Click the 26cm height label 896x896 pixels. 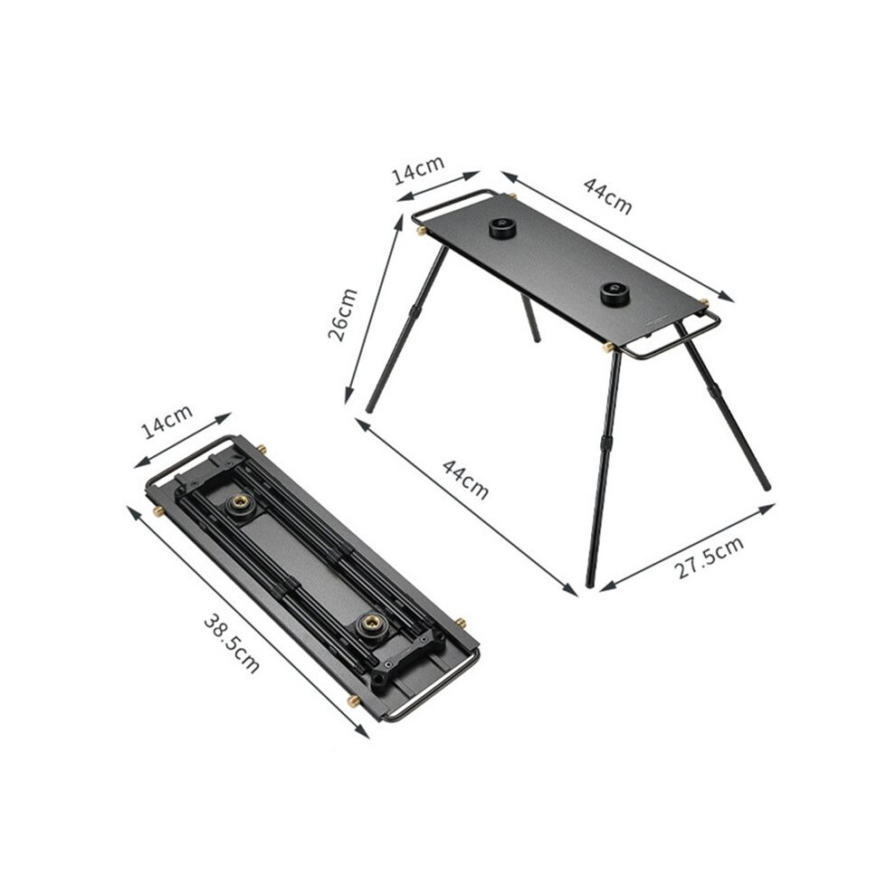coord(342,315)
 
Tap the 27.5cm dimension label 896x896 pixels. coord(710,558)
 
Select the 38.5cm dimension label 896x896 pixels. coord(232,643)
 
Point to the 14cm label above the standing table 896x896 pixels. coord(419,170)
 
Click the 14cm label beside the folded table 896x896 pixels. coord(167,421)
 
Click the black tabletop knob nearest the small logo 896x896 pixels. coord(615,294)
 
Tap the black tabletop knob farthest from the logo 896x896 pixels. coord(501,228)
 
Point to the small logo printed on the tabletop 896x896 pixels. coord(658,321)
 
